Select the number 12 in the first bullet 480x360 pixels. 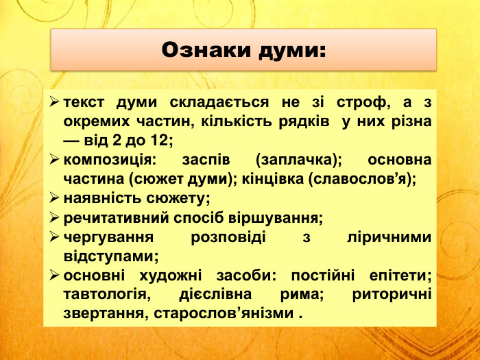160,141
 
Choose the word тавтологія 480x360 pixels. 106,295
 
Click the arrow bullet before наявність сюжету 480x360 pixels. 54,199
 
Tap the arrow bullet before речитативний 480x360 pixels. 54,218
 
